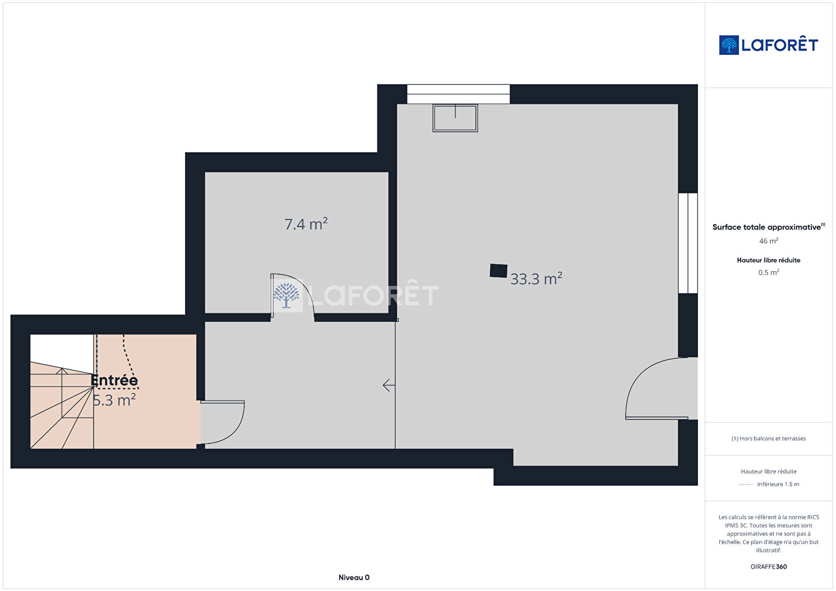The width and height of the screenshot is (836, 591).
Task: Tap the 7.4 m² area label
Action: point(306,224)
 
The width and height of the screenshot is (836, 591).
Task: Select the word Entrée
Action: point(114,380)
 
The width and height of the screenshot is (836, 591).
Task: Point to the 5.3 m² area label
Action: point(114,400)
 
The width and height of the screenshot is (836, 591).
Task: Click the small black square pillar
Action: point(498,271)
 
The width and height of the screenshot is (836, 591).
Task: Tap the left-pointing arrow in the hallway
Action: point(389,385)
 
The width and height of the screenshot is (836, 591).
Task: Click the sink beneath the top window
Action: point(455,118)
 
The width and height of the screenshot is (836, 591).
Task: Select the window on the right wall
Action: point(688,243)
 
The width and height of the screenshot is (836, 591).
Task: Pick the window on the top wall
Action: point(459,94)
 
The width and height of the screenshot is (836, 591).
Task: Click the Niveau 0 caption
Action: point(354,577)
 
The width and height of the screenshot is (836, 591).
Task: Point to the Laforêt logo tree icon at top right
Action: point(729,45)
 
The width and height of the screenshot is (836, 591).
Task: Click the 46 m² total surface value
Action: point(769,241)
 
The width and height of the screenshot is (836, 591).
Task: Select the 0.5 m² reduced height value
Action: point(769,272)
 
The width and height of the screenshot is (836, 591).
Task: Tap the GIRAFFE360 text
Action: point(769,566)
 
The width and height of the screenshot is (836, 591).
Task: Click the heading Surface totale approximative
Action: point(767,227)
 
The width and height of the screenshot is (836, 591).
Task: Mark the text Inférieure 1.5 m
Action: point(778,484)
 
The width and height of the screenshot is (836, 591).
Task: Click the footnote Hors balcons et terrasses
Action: point(769,438)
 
